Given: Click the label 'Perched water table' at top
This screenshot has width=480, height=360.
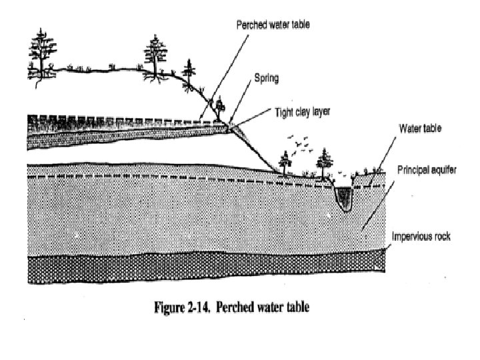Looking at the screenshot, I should click(x=273, y=24).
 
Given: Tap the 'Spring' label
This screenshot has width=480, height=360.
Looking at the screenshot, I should click(x=266, y=78).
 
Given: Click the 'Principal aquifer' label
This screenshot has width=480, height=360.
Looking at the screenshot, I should click(x=427, y=171).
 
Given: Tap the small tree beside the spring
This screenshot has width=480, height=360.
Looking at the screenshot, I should click(x=218, y=107).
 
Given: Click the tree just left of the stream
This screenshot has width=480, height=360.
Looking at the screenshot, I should click(x=325, y=164).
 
